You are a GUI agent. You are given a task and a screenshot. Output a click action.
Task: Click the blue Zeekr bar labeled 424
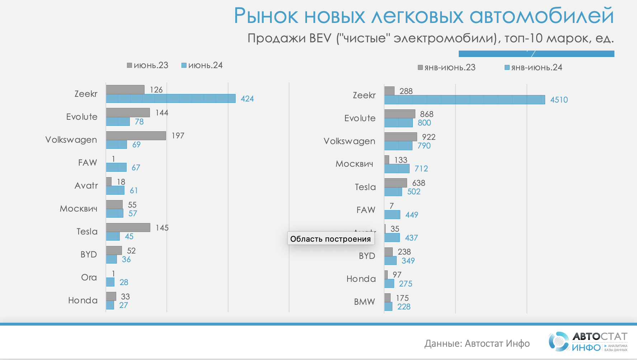pos(171,99)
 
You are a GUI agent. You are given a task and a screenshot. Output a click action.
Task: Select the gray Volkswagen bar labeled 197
pos(136,136)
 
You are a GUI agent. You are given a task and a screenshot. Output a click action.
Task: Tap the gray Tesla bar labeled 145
pos(128,227)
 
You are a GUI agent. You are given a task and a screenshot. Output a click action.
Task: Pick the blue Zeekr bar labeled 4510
pos(464,100)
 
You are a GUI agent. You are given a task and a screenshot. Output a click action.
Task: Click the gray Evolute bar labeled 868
pos(400,114)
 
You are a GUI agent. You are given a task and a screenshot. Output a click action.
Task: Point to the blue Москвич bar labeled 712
pos(397,169)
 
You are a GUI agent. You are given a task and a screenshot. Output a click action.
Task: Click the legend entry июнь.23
pos(147,65)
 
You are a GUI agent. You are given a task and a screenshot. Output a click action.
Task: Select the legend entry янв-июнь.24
pos(533,67)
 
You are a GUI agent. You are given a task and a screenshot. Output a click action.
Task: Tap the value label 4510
pos(559,100)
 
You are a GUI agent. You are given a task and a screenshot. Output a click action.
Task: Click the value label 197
pos(178,136)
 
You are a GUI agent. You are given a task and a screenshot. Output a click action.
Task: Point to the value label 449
pos(412,215)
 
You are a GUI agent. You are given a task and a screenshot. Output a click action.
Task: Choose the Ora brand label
pos(89,277)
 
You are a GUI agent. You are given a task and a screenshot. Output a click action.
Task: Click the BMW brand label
pos(364,302)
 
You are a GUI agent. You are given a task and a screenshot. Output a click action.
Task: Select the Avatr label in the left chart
pos(86,185)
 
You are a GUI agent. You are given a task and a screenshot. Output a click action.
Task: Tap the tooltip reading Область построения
pos(331,239)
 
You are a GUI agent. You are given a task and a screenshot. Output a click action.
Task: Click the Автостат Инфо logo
pos(588,342)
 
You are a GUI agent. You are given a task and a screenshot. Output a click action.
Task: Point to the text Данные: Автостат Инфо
pos(477,344)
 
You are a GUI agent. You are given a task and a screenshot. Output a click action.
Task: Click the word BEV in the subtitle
pos(320,38)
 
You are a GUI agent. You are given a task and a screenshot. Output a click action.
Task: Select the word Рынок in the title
pos(266,16)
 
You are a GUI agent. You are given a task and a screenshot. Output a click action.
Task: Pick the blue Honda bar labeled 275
pos(389,284)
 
